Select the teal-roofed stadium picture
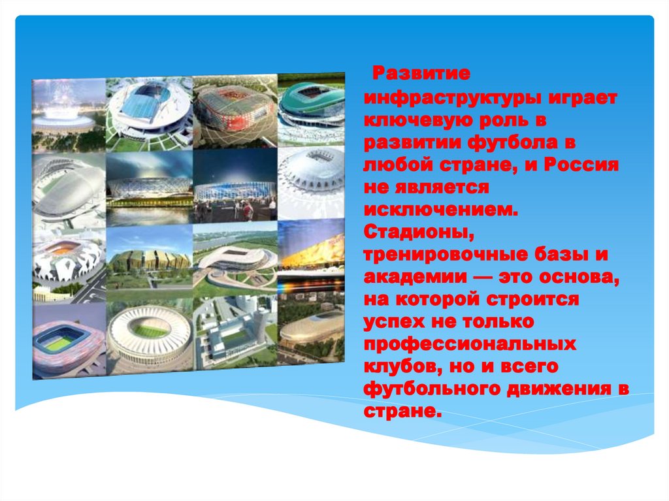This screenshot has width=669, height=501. [x=311, y=106]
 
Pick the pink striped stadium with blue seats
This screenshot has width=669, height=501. [x=67, y=342]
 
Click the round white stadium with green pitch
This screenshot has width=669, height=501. [x=149, y=337]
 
